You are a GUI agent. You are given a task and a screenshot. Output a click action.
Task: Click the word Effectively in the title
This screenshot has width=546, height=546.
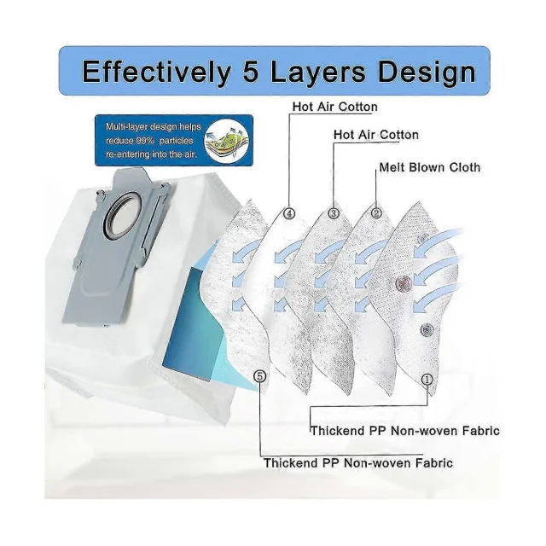point(156,72)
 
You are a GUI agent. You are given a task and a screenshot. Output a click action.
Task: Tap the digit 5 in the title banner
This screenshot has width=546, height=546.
point(250,71)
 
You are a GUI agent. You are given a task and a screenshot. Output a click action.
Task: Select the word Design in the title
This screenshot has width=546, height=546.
point(427,72)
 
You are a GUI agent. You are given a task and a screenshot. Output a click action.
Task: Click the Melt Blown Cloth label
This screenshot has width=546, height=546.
point(430,167)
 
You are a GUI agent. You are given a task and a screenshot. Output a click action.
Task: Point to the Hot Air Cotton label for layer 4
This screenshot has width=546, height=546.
point(335,107)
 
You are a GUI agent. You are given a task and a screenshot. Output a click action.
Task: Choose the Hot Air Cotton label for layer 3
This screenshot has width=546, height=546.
point(376,135)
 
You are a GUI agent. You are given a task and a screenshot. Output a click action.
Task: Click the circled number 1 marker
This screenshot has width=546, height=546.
point(427,380)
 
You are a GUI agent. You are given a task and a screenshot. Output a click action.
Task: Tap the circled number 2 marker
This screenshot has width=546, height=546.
point(376,212)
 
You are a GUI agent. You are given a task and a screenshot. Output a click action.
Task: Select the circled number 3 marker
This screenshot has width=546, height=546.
point(334,213)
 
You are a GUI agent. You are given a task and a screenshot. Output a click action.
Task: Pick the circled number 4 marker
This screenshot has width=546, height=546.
point(289,213)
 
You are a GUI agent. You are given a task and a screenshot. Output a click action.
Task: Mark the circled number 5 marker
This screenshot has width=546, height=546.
point(259,376)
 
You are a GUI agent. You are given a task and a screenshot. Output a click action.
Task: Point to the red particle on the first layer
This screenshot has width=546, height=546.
point(404,284)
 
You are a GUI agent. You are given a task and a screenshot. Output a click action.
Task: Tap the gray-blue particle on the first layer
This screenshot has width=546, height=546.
point(427,329)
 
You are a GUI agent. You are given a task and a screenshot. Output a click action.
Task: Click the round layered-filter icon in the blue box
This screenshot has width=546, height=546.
point(227,141)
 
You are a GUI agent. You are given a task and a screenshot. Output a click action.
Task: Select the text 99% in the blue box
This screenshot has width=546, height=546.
point(144,141)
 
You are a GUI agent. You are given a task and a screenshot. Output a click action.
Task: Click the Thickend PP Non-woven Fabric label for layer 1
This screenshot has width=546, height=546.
point(405,431)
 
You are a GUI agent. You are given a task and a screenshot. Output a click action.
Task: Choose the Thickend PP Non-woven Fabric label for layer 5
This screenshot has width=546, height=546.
point(358,463)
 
